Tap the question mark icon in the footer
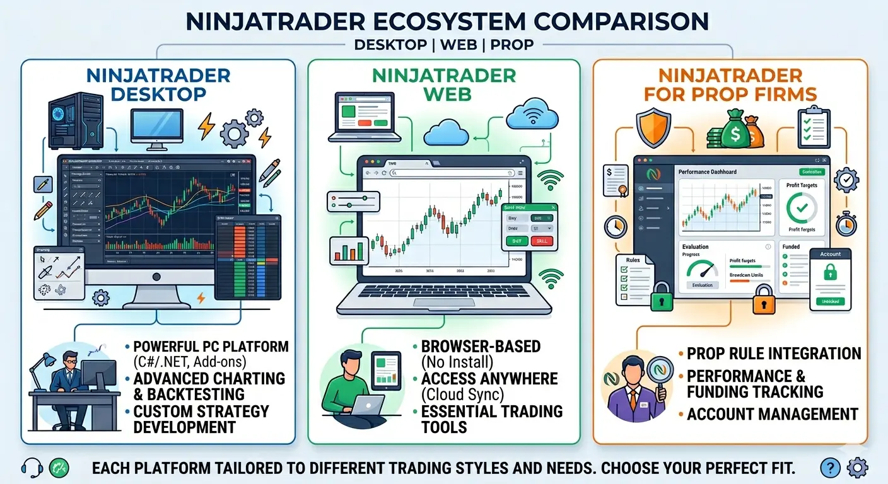[x=830, y=468]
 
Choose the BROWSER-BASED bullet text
[x=481, y=346]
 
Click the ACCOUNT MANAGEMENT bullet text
[x=773, y=414]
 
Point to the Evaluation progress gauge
[x=702, y=270]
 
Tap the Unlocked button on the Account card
[x=830, y=301]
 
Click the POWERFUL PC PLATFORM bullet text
[x=211, y=347]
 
